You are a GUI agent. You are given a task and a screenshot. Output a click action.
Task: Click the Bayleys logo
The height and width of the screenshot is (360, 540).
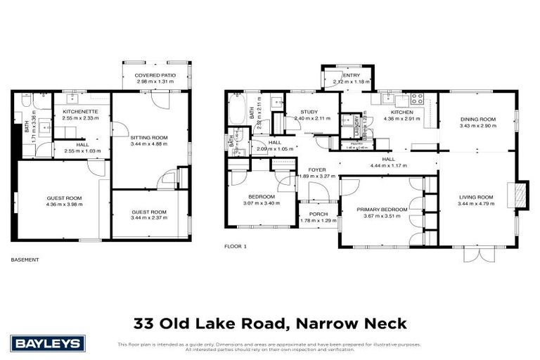[x=48, y=344]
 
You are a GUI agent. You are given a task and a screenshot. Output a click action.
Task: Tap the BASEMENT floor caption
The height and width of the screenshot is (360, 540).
[x=25, y=259]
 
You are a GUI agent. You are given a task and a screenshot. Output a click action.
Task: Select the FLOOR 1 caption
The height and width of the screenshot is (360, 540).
[x=236, y=246]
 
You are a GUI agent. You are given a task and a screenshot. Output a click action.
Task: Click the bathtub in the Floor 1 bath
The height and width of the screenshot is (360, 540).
[x=235, y=111]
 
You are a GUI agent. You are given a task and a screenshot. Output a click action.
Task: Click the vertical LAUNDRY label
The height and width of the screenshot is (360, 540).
[x=357, y=128]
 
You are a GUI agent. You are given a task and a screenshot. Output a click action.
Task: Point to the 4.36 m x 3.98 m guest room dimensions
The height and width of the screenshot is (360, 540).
[x=63, y=205]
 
